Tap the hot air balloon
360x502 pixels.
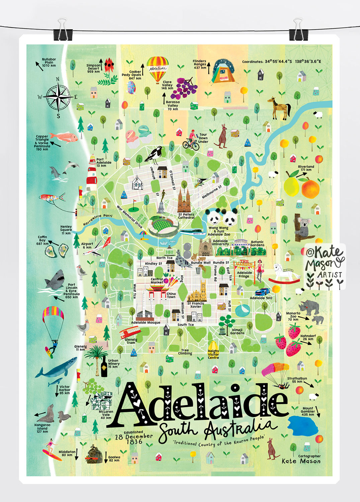pos(158,69)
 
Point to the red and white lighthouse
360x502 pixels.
pos(92,173)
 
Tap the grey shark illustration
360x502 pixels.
pos(55,280)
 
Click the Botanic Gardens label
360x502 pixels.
pos(257,243)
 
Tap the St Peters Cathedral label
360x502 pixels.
pos(186,216)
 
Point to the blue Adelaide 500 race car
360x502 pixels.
pos(262,291)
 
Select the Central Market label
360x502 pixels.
pos(157,280)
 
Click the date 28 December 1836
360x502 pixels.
pos(133,439)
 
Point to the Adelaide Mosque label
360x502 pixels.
pos(146,323)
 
